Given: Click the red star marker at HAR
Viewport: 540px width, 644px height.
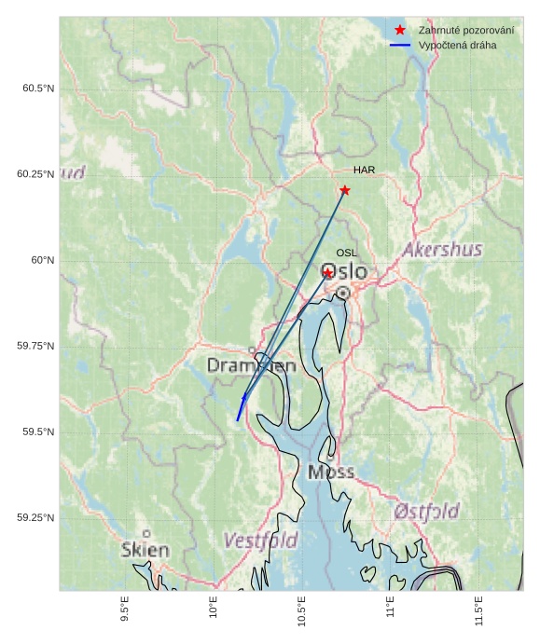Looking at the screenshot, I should click(x=345, y=190).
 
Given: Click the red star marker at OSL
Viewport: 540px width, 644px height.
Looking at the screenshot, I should click(x=328, y=273).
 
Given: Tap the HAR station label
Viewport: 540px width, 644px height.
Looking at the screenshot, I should click(x=364, y=170).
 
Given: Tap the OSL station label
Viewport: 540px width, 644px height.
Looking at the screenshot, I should click(x=347, y=253).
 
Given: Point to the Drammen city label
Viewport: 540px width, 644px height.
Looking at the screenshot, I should click(x=251, y=366).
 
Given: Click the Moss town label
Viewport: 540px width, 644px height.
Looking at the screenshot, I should click(x=331, y=473).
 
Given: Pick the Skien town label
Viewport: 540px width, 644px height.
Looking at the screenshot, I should click(x=145, y=550).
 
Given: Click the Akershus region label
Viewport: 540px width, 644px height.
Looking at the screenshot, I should click(x=442, y=250).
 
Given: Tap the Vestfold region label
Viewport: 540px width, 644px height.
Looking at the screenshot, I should click(x=261, y=541).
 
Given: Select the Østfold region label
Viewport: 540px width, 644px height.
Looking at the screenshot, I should click(x=426, y=512).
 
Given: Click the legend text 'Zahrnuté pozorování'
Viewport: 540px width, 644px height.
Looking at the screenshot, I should click(x=466, y=31).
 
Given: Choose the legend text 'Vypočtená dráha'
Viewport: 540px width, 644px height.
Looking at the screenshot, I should click(x=458, y=45).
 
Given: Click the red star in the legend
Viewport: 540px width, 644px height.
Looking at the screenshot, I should click(x=400, y=31).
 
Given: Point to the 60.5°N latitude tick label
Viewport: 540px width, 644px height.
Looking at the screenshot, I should click(x=38, y=89).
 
